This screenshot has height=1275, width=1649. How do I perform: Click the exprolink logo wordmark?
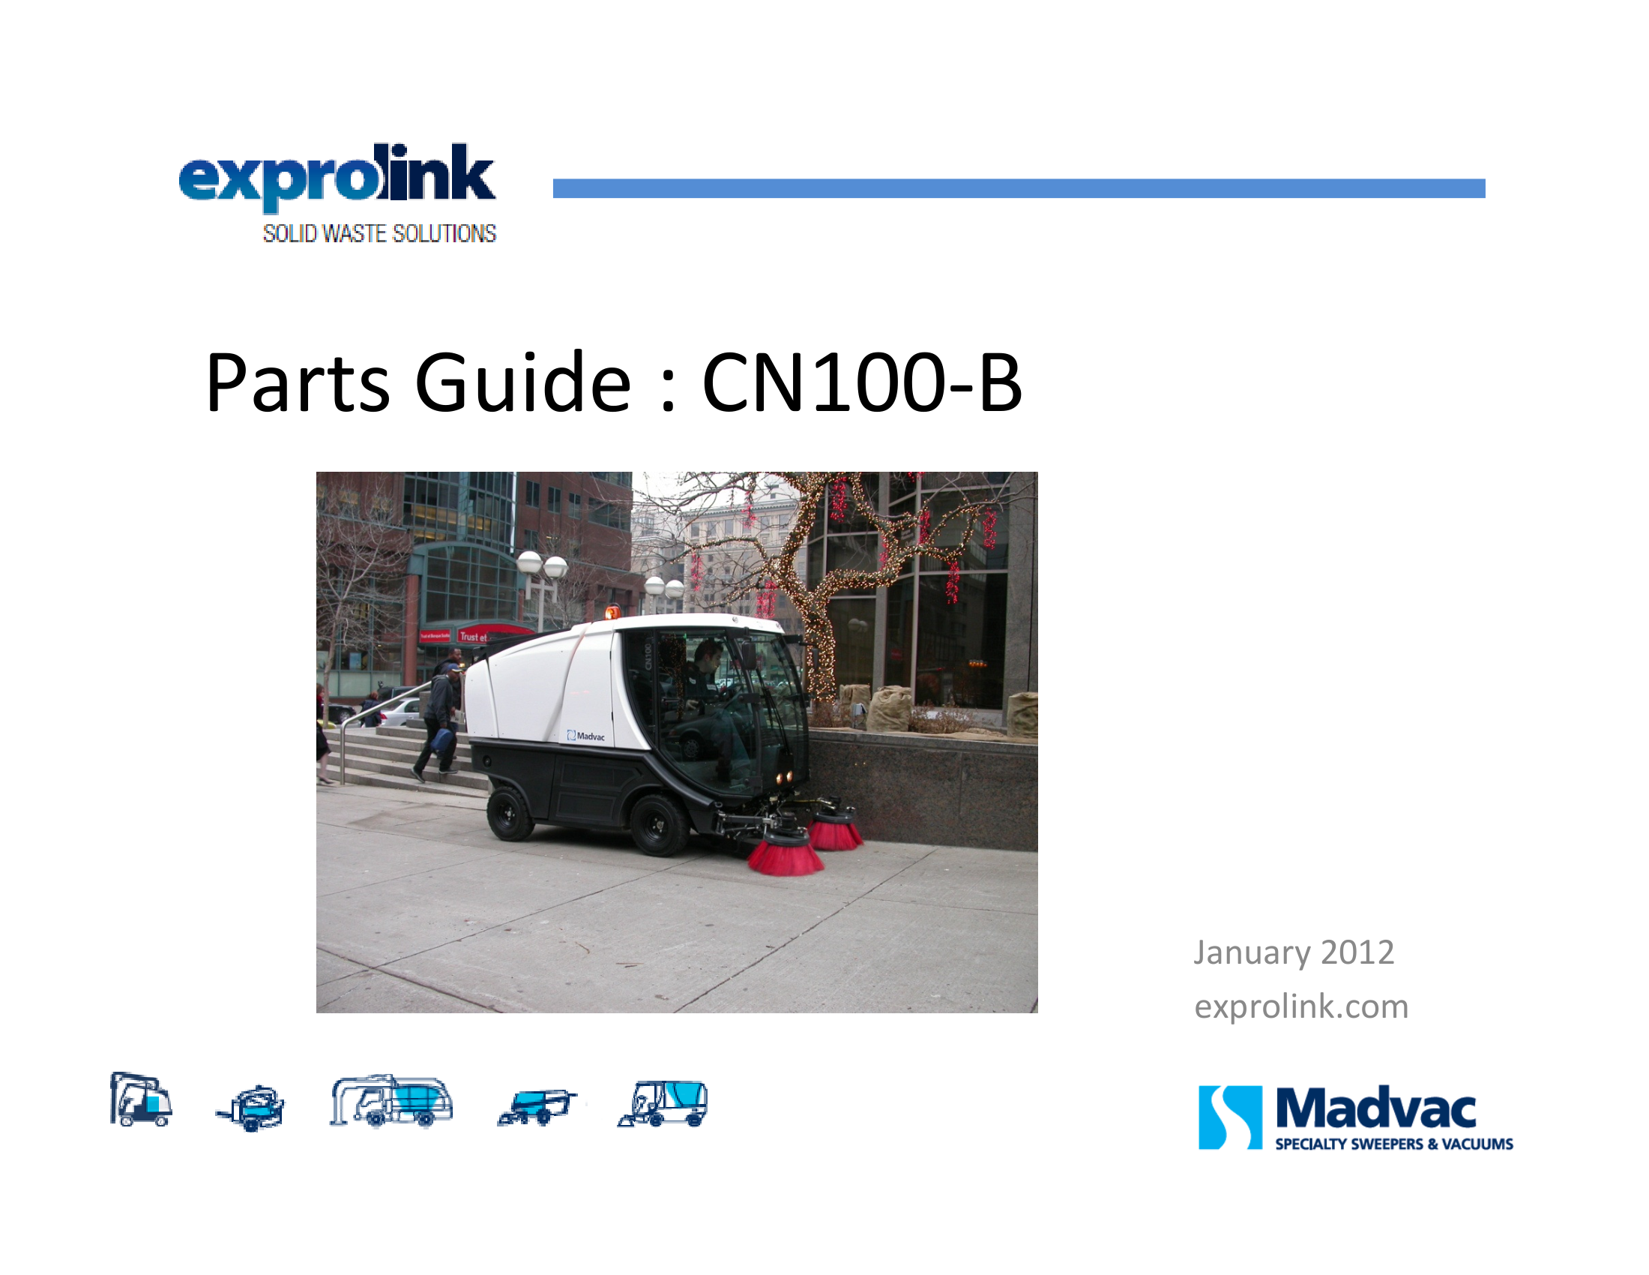(337, 177)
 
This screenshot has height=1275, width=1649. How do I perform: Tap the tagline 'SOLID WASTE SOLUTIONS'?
(379, 233)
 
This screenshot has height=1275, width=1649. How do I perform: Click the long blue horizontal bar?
(1019, 188)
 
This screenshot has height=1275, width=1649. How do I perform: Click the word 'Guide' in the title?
(522, 382)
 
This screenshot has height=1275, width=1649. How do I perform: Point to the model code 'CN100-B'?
(862, 382)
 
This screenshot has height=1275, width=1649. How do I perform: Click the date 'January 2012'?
(1294, 953)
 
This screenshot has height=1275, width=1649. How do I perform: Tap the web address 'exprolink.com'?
(1301, 1006)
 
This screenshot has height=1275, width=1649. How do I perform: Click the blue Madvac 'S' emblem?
(1230, 1117)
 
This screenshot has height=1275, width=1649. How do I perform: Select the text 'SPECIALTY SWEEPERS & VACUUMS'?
(1394, 1144)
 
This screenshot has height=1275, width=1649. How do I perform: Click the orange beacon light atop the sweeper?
(612, 611)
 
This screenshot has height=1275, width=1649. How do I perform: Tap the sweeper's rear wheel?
(510, 814)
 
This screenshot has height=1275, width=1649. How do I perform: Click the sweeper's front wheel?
(657, 824)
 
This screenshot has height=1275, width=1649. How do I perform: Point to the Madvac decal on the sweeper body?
(586, 736)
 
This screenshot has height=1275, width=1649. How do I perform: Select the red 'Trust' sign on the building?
(474, 636)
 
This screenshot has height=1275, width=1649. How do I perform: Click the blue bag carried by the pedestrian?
(441, 739)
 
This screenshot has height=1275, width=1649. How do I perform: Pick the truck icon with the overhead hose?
(391, 1100)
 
